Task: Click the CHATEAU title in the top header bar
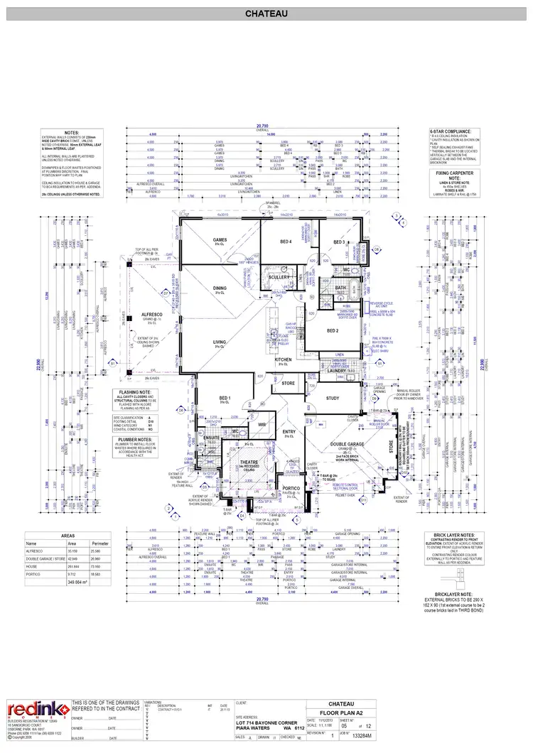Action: coord(266,13)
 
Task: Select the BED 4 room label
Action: coord(286,242)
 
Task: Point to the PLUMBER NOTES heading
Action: coord(130,440)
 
